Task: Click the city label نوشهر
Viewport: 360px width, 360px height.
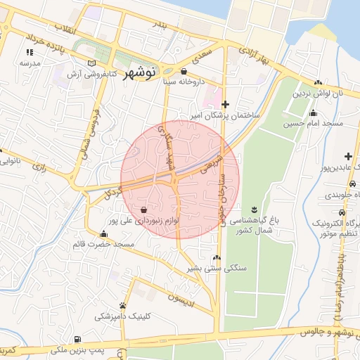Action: tap(143, 73)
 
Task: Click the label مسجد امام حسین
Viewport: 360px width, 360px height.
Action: tap(313, 124)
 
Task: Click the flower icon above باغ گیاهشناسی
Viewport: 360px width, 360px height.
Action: tap(254, 210)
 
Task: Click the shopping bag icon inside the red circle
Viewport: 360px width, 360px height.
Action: tap(144, 210)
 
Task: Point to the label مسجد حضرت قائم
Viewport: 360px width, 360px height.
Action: tap(104, 244)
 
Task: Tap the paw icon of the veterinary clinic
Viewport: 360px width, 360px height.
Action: tap(124, 306)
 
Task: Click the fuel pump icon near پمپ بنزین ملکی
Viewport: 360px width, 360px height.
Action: tap(77, 338)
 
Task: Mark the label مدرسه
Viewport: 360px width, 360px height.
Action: tap(29, 63)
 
